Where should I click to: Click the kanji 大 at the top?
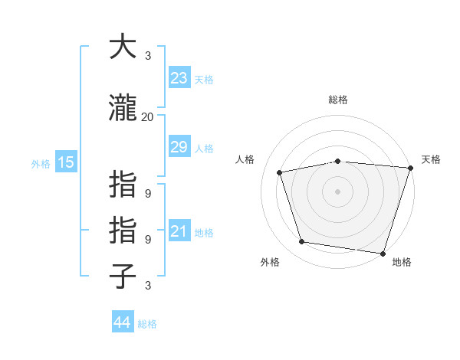tap(123, 47)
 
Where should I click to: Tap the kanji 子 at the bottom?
tap(123, 276)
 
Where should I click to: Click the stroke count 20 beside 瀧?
tap(147, 117)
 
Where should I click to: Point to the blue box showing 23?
tap(179, 78)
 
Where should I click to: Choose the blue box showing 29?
tap(179, 147)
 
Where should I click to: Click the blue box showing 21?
tap(179, 231)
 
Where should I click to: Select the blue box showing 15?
tap(65, 162)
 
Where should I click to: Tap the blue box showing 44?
tap(122, 322)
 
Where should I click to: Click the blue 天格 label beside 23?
tap(203, 80)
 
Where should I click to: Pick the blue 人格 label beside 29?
tap(203, 149)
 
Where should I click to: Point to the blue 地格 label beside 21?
tap(203, 233)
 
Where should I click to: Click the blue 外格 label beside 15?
tap(40, 163)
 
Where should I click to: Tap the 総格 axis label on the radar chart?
tap(337, 100)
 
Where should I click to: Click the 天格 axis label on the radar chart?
tap(431, 159)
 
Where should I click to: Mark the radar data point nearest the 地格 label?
tap(383, 253)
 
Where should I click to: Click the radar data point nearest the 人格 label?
tap(280, 172)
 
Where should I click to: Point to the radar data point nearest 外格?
tap(301, 242)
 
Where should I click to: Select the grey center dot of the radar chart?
tap(337, 191)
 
